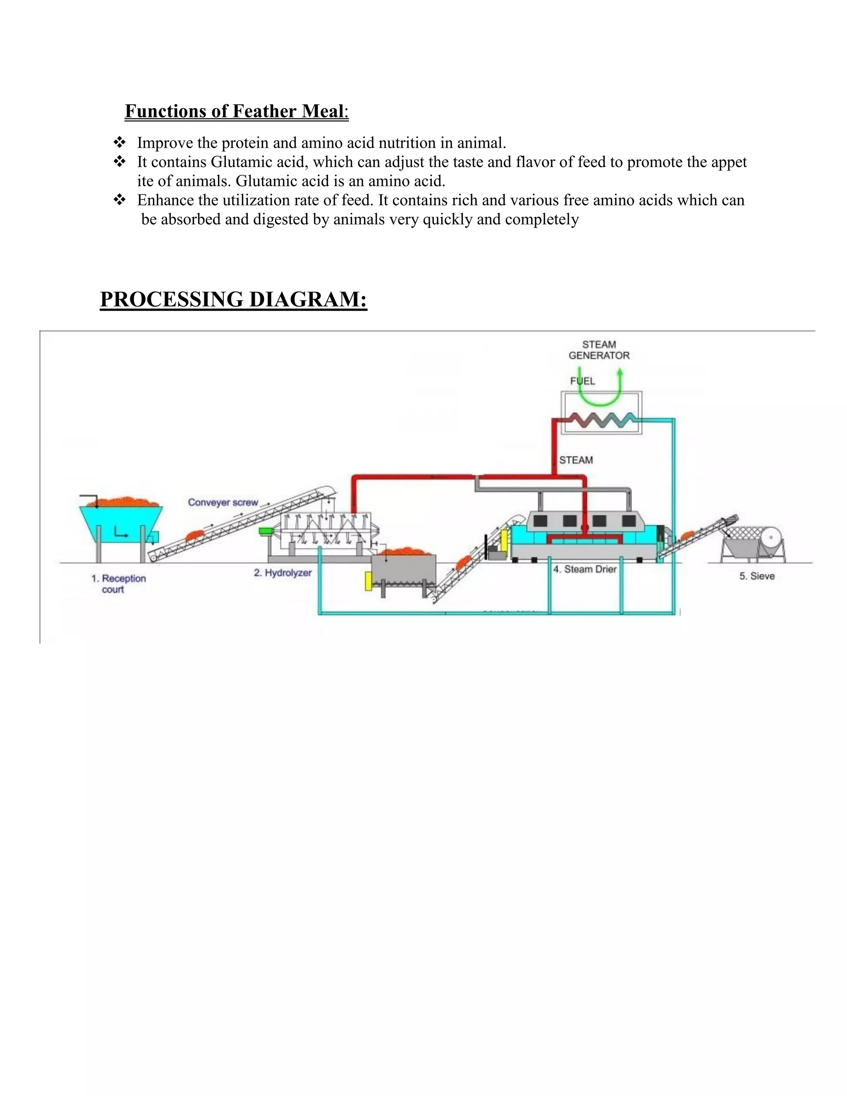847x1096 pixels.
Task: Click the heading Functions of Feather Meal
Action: coord(236,111)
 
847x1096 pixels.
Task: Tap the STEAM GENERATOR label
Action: coord(598,350)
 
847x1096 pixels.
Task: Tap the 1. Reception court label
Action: coord(118,584)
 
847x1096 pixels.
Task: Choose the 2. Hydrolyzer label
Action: coord(282,572)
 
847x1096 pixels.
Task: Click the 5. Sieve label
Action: coord(757,576)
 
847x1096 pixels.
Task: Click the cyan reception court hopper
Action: coord(120,522)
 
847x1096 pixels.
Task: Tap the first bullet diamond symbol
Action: coord(120,143)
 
